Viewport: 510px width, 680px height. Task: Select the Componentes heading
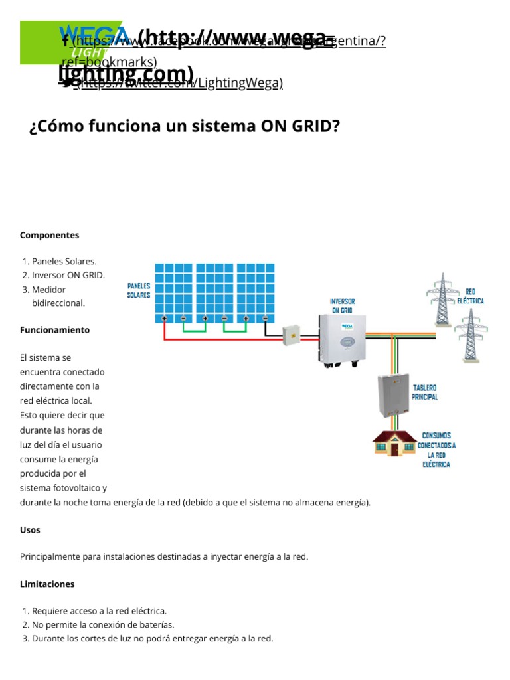click(49, 235)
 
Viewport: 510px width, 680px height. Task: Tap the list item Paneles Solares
click(64, 261)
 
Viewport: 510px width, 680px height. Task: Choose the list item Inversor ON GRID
click(68, 275)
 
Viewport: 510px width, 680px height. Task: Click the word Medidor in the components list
click(49, 290)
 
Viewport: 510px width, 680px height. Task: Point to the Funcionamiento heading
click(54, 330)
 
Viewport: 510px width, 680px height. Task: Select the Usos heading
click(30, 530)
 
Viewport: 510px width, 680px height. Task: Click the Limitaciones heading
click(47, 584)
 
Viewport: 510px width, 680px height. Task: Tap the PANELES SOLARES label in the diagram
click(139, 290)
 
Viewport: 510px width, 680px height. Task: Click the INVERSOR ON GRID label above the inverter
click(342, 305)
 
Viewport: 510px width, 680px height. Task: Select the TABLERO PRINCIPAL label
click(424, 392)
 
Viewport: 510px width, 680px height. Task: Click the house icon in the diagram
click(394, 444)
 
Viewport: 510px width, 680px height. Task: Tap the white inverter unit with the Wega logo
click(342, 339)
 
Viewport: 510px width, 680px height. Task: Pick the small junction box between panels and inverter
click(292, 335)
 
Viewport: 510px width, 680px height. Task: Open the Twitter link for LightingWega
click(179, 83)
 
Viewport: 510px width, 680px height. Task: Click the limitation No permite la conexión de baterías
click(103, 625)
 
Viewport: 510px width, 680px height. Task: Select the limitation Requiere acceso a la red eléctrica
click(99, 611)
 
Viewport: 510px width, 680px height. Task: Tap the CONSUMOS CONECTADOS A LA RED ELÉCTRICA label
click(436, 450)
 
